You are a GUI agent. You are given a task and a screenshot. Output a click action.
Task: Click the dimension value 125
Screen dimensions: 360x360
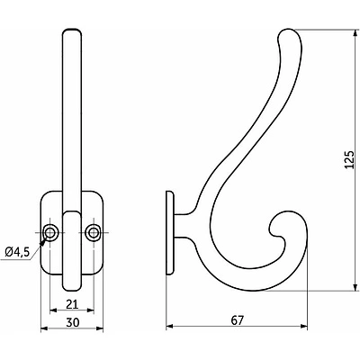click(x=350, y=159)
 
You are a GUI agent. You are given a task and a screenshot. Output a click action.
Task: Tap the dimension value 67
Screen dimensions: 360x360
click(x=237, y=320)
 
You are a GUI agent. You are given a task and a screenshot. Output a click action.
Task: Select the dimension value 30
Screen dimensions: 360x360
click(x=72, y=322)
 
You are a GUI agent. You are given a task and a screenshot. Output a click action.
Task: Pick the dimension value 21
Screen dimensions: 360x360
click(x=72, y=304)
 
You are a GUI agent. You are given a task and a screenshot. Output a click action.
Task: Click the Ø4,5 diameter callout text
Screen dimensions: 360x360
click(x=18, y=252)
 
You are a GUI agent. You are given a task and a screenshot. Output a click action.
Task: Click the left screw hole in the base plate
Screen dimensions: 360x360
click(x=49, y=232)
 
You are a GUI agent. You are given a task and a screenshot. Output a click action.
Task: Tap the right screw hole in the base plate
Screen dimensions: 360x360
click(x=93, y=232)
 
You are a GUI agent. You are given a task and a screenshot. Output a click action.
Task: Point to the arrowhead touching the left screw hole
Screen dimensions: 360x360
click(x=44, y=240)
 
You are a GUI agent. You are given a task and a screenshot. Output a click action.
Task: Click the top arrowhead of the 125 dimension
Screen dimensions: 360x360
click(x=355, y=33)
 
